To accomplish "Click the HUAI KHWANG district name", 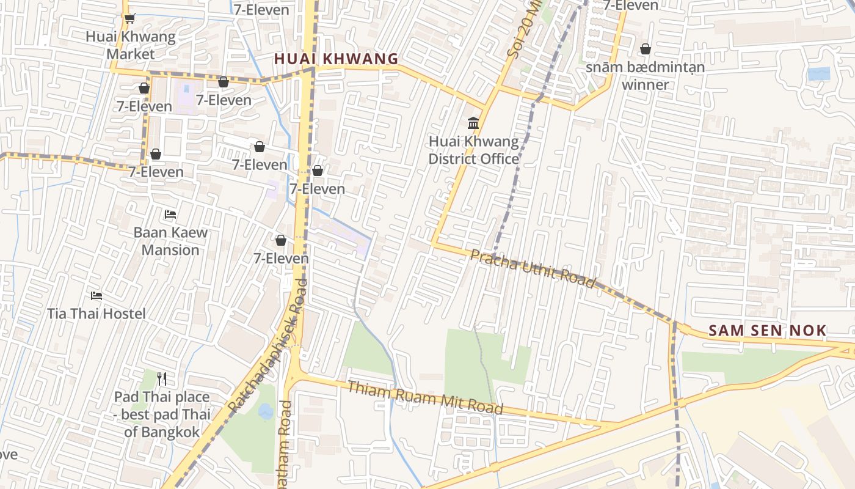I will [x=336, y=59].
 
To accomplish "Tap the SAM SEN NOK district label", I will [x=767, y=331].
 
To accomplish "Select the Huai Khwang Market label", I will [x=130, y=45].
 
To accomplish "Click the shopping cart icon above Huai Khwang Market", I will [x=129, y=19].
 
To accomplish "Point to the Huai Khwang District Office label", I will [x=473, y=150].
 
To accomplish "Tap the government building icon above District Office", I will [x=473, y=123].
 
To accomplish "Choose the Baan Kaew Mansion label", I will [x=170, y=241].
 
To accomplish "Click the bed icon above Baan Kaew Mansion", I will [x=170, y=215].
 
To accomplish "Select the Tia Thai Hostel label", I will [x=96, y=314].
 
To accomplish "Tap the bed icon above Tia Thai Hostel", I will [x=96, y=296].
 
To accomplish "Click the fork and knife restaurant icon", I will [x=162, y=379].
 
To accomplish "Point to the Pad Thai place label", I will [x=162, y=414].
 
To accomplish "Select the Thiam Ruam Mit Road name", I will [x=425, y=397].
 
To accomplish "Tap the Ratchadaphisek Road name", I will [x=266, y=345].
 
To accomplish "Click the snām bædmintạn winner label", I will [x=645, y=76].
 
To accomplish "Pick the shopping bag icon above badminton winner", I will [x=645, y=49].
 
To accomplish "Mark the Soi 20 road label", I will [x=524, y=31].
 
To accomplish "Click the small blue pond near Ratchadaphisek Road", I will [x=266, y=411].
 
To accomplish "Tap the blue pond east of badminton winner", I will [x=818, y=74].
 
